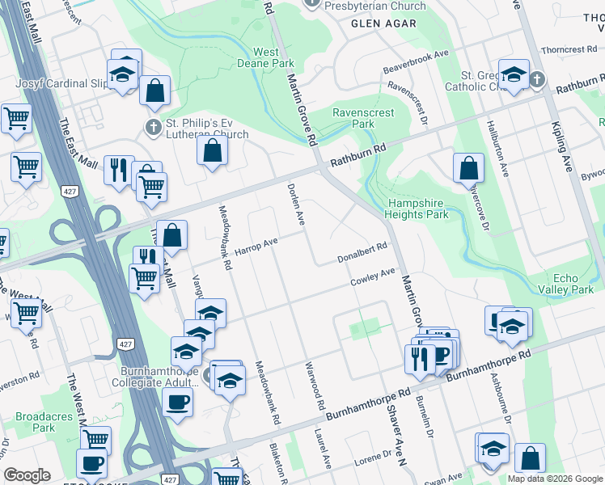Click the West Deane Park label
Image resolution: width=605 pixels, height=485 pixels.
click(x=265, y=57)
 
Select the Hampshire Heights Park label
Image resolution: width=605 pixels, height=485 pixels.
click(x=417, y=209)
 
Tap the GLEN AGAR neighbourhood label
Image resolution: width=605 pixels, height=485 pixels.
click(x=383, y=23)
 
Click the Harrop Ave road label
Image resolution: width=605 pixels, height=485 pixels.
click(x=256, y=246)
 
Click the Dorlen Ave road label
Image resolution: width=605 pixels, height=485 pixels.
click(x=295, y=204)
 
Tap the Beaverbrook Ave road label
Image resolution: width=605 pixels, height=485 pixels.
click(x=416, y=61)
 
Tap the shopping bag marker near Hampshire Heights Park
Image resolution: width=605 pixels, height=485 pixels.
click(x=468, y=168)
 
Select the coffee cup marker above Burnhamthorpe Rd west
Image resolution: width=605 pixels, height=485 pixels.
click(x=177, y=401)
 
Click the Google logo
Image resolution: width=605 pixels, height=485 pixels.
click(x=27, y=475)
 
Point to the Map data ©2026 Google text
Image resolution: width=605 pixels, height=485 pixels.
click(x=554, y=479)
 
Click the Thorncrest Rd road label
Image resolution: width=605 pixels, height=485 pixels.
click(x=569, y=49)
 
